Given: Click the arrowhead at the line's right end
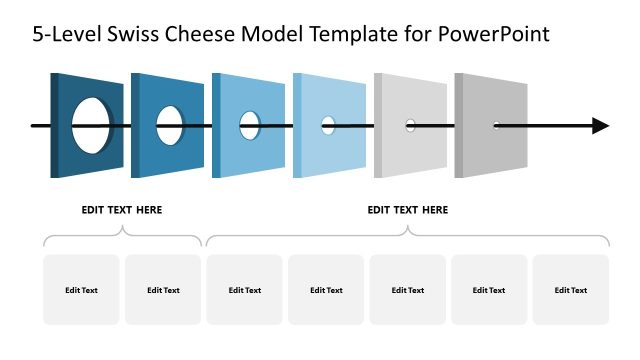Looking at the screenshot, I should coord(600,126).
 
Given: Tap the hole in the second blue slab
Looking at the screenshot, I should coord(170,125).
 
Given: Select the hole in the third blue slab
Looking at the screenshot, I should coord(250,125).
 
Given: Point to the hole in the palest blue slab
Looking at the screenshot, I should coord(328,125).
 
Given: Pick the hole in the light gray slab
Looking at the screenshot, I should coord(410,125).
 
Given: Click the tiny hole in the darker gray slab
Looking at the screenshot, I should coord(496,125).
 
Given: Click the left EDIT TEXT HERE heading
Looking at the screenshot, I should coord(122,210).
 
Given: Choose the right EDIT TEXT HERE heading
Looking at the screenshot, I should coord(408,210).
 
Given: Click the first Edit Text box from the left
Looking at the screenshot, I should coord(81,290).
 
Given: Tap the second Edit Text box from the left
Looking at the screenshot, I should coord(163,290).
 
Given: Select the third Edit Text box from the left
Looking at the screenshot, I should coord(245,290).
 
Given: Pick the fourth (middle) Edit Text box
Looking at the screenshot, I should coord(326,290).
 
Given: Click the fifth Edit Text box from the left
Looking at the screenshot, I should coord(408,290).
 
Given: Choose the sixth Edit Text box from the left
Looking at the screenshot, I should coord(489,290).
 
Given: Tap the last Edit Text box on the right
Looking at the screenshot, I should coord(571,290).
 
